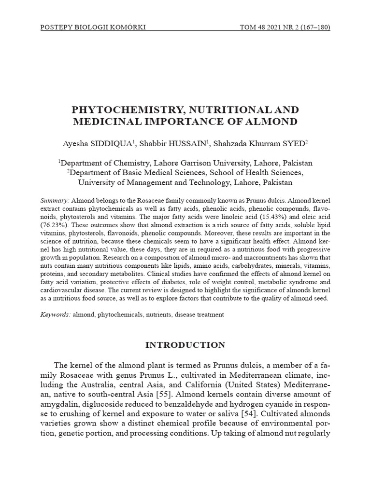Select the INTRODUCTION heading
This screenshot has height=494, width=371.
coord(185,345)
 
